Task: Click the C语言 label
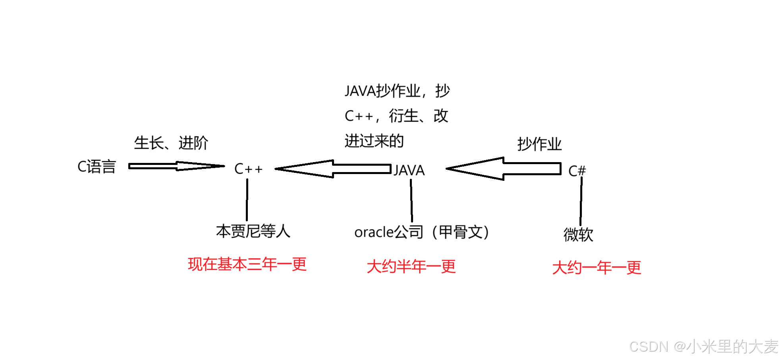point(97,167)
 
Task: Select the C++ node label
point(248,169)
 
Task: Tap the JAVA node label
point(409,170)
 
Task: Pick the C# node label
point(577,171)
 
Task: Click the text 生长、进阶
point(171,143)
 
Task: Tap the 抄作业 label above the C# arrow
point(539,144)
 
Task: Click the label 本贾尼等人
point(253,231)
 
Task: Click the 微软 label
point(578,234)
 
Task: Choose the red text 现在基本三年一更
point(247,264)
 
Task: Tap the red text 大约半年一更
point(411,267)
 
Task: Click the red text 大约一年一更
point(597,268)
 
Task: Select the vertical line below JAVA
point(411,200)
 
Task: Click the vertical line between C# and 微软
point(581,201)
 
